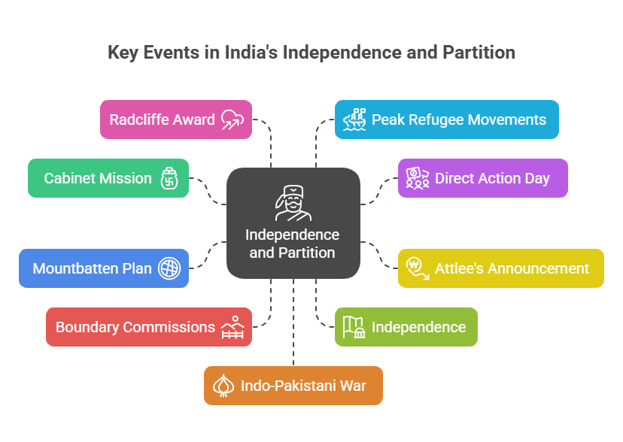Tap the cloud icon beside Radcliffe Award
(232, 120)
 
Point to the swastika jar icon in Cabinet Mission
(169, 179)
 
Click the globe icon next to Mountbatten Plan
(169, 268)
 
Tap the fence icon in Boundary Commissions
(232, 328)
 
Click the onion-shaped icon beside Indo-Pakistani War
(224, 386)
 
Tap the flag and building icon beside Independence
(354, 327)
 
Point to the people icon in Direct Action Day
(417, 178)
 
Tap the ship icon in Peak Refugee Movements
(354, 120)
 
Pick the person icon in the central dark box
(293, 203)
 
